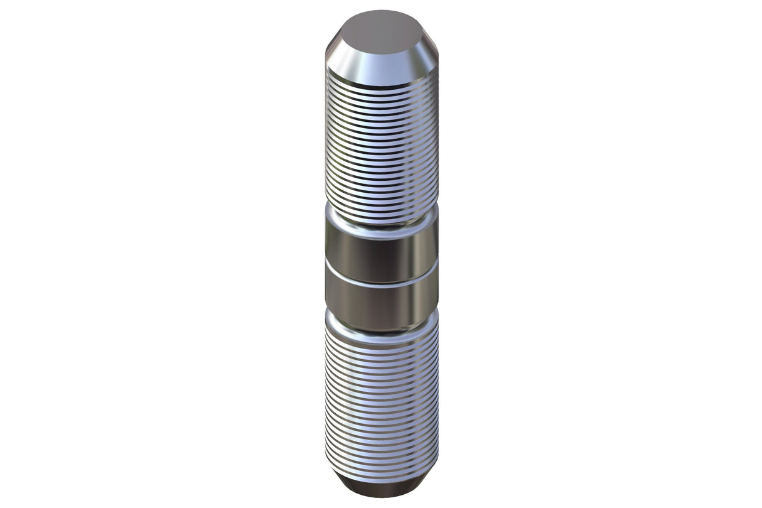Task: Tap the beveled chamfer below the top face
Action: click(381, 66)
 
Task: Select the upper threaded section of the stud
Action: click(381, 144)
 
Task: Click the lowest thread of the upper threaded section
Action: click(381, 219)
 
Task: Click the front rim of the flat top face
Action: click(381, 53)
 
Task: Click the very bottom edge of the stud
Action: click(381, 497)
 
